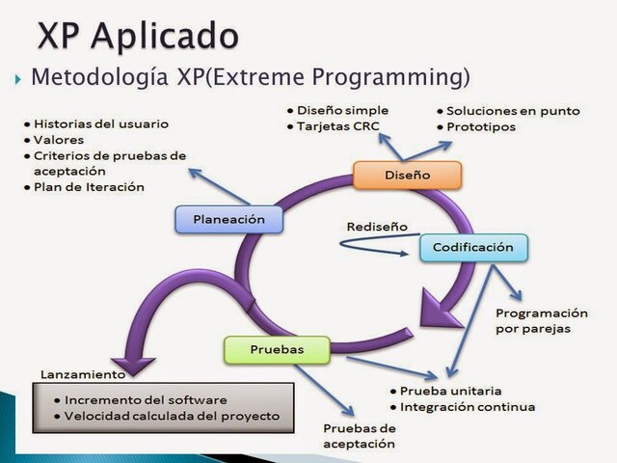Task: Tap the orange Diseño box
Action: click(x=407, y=176)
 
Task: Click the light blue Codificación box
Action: click(x=473, y=247)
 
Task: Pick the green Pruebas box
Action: click(x=277, y=348)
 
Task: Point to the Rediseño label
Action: click(x=377, y=227)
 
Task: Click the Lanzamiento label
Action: click(x=82, y=374)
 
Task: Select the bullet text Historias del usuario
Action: click(x=100, y=124)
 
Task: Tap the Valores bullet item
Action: click(x=62, y=140)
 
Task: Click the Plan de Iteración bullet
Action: click(x=89, y=186)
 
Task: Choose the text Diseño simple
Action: click(x=342, y=110)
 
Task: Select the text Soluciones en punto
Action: click(x=513, y=111)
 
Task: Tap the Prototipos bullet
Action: click(x=487, y=126)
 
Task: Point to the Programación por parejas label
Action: click(x=540, y=320)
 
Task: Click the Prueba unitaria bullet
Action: click(x=450, y=391)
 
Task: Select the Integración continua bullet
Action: click(x=468, y=406)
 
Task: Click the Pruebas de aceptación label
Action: click(x=359, y=435)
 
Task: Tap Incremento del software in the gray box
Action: click(x=147, y=399)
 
